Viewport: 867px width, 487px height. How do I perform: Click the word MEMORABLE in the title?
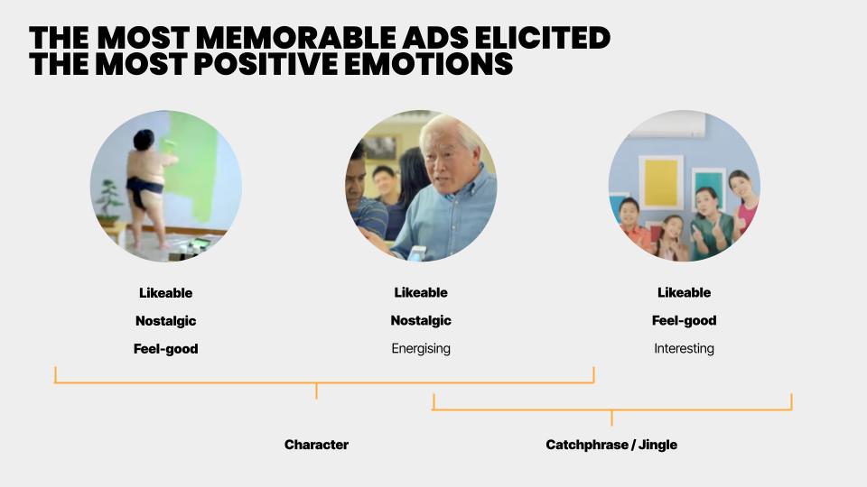(296, 38)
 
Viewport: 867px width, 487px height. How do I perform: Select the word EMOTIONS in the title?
(428, 64)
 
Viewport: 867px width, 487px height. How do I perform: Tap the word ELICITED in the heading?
(542, 38)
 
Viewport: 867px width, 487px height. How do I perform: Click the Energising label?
(421, 348)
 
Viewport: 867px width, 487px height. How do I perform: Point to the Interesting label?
(684, 348)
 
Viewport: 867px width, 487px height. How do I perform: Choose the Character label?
(316, 445)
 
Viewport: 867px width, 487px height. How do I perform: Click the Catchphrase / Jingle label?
(611, 445)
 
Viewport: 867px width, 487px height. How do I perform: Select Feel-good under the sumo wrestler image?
(166, 349)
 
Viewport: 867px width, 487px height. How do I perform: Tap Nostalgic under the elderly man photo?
(421, 320)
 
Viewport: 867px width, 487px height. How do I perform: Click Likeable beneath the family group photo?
(684, 292)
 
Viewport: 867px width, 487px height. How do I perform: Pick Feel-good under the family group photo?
(684, 320)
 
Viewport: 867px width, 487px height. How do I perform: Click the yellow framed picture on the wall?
(661, 182)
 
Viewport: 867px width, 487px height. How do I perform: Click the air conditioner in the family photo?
(668, 124)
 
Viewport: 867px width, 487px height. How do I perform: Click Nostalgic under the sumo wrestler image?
(166, 321)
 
